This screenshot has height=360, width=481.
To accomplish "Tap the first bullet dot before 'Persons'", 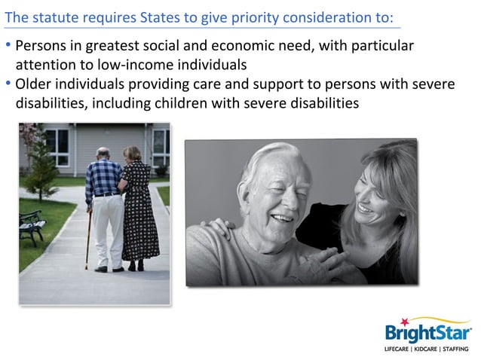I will [x=8, y=46].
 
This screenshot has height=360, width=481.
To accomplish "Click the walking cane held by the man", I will [x=87, y=239].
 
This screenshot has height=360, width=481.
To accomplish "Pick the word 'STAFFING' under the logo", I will [x=457, y=350].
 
